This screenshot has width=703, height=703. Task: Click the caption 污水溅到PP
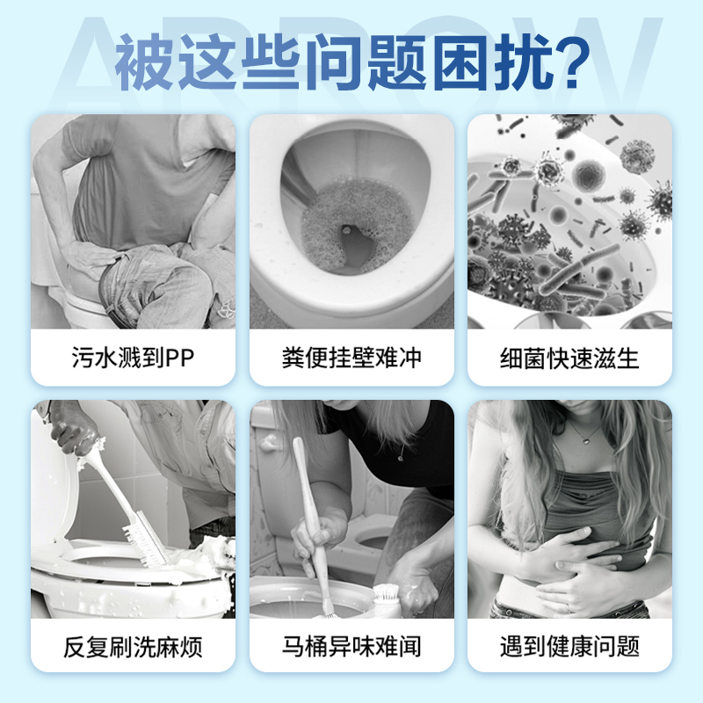click(133, 359)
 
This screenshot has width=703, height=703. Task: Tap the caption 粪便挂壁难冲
click(351, 359)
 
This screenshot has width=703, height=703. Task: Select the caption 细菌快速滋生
click(569, 359)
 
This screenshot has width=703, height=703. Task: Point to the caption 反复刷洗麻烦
click(133, 649)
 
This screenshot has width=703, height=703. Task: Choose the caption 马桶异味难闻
click(351, 649)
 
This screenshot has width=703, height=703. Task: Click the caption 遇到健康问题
click(569, 649)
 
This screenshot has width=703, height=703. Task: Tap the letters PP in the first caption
click(182, 359)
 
